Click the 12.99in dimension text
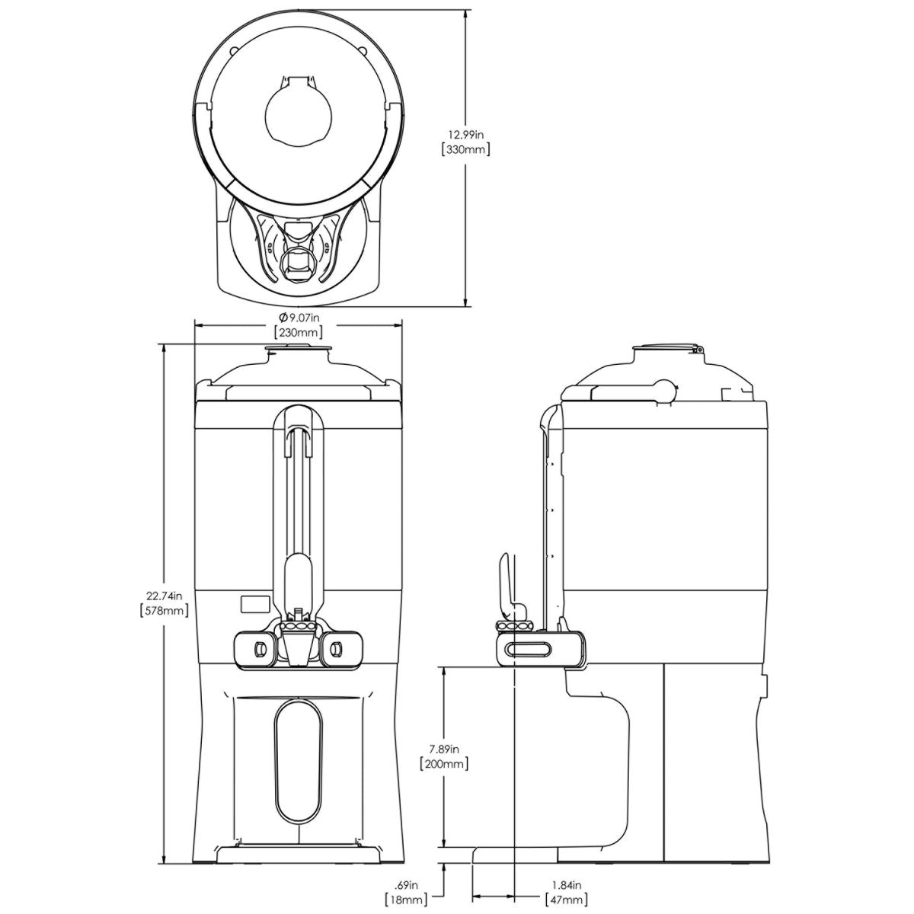point(465,134)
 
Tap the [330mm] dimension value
point(465,149)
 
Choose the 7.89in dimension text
point(444,749)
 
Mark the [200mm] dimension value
point(444,764)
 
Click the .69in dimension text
point(407,884)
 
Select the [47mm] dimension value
point(566,900)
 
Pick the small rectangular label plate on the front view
point(254,603)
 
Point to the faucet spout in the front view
point(296,648)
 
